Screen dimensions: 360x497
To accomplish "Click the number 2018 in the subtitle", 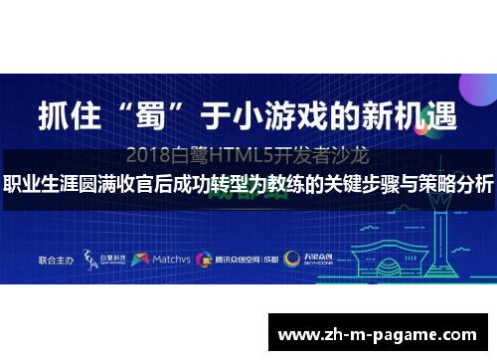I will pos(154,155).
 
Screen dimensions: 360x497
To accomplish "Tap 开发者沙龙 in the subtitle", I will pos(327,155).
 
